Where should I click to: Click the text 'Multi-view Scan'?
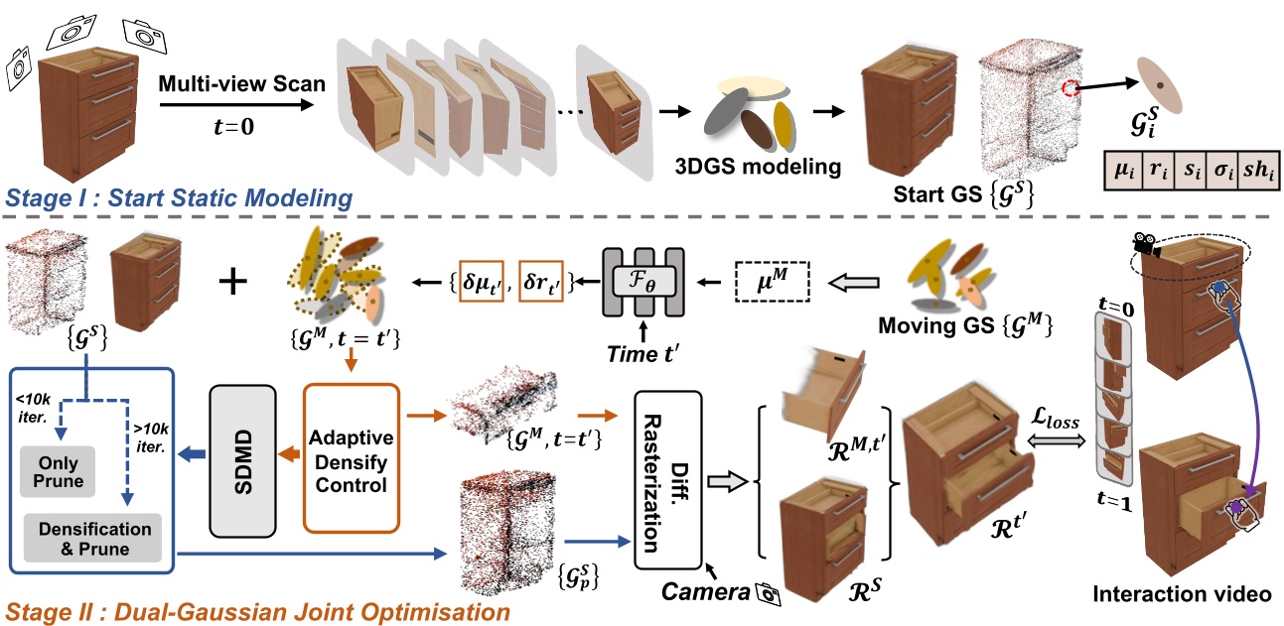pyautogui.click(x=241, y=84)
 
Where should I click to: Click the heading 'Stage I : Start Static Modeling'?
pyautogui.click(x=179, y=198)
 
